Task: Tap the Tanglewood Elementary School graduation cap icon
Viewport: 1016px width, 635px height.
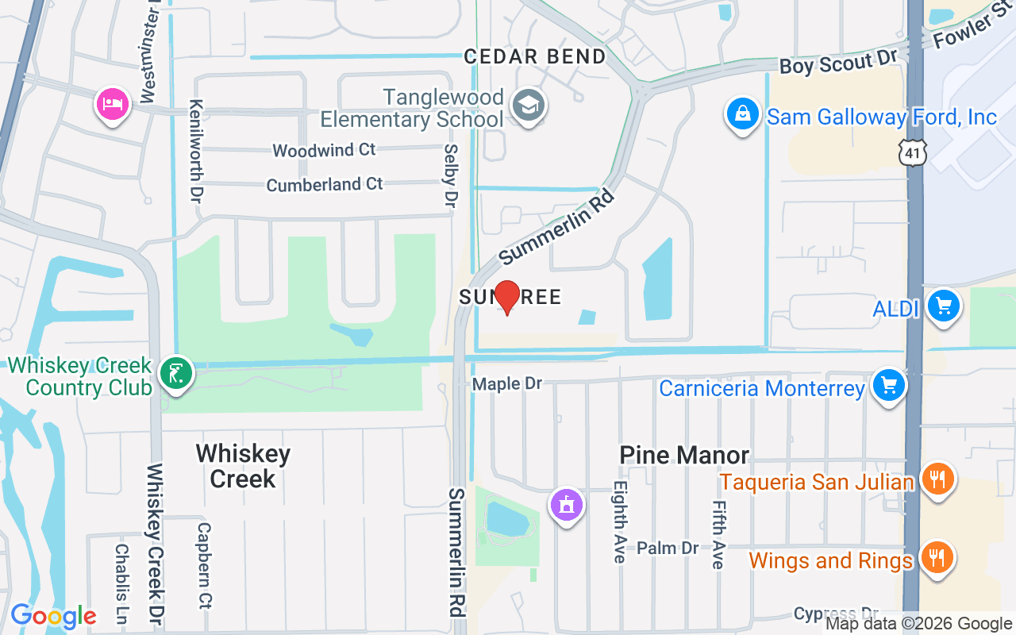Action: pyautogui.click(x=527, y=106)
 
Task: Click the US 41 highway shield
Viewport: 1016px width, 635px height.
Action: pyautogui.click(x=912, y=152)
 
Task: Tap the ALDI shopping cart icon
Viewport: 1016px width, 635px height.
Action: pyautogui.click(x=943, y=306)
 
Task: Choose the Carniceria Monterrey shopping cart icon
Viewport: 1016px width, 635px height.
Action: pyautogui.click(x=888, y=386)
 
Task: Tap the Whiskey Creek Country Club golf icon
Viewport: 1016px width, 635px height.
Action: pyautogui.click(x=175, y=373)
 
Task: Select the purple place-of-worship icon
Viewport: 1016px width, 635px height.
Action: pyautogui.click(x=566, y=505)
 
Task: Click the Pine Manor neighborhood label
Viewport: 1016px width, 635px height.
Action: pyautogui.click(x=684, y=455)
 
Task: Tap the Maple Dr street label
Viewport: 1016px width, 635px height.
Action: pyautogui.click(x=507, y=384)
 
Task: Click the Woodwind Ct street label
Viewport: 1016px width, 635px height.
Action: pyautogui.click(x=324, y=150)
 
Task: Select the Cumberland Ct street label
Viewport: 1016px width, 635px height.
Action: pyautogui.click(x=325, y=184)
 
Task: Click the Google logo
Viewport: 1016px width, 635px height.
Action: pyautogui.click(x=53, y=616)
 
